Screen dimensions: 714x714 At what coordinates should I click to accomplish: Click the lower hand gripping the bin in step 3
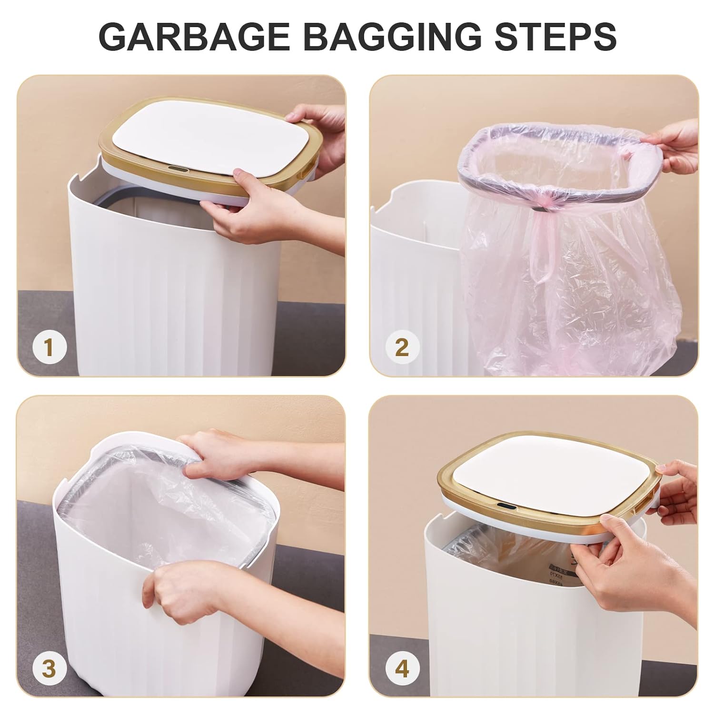181,590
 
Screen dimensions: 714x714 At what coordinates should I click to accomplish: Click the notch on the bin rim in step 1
81,180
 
